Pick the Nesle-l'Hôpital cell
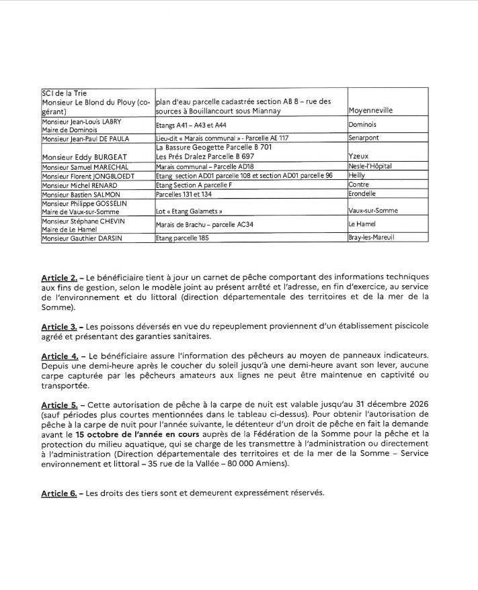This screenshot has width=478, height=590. tap(370, 166)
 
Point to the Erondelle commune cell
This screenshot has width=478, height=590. tap(364, 194)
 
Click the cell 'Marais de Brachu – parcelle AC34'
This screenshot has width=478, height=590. tap(200, 224)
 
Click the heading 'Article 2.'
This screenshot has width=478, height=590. tap(58, 277)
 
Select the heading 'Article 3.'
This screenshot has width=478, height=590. tap(58, 326)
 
